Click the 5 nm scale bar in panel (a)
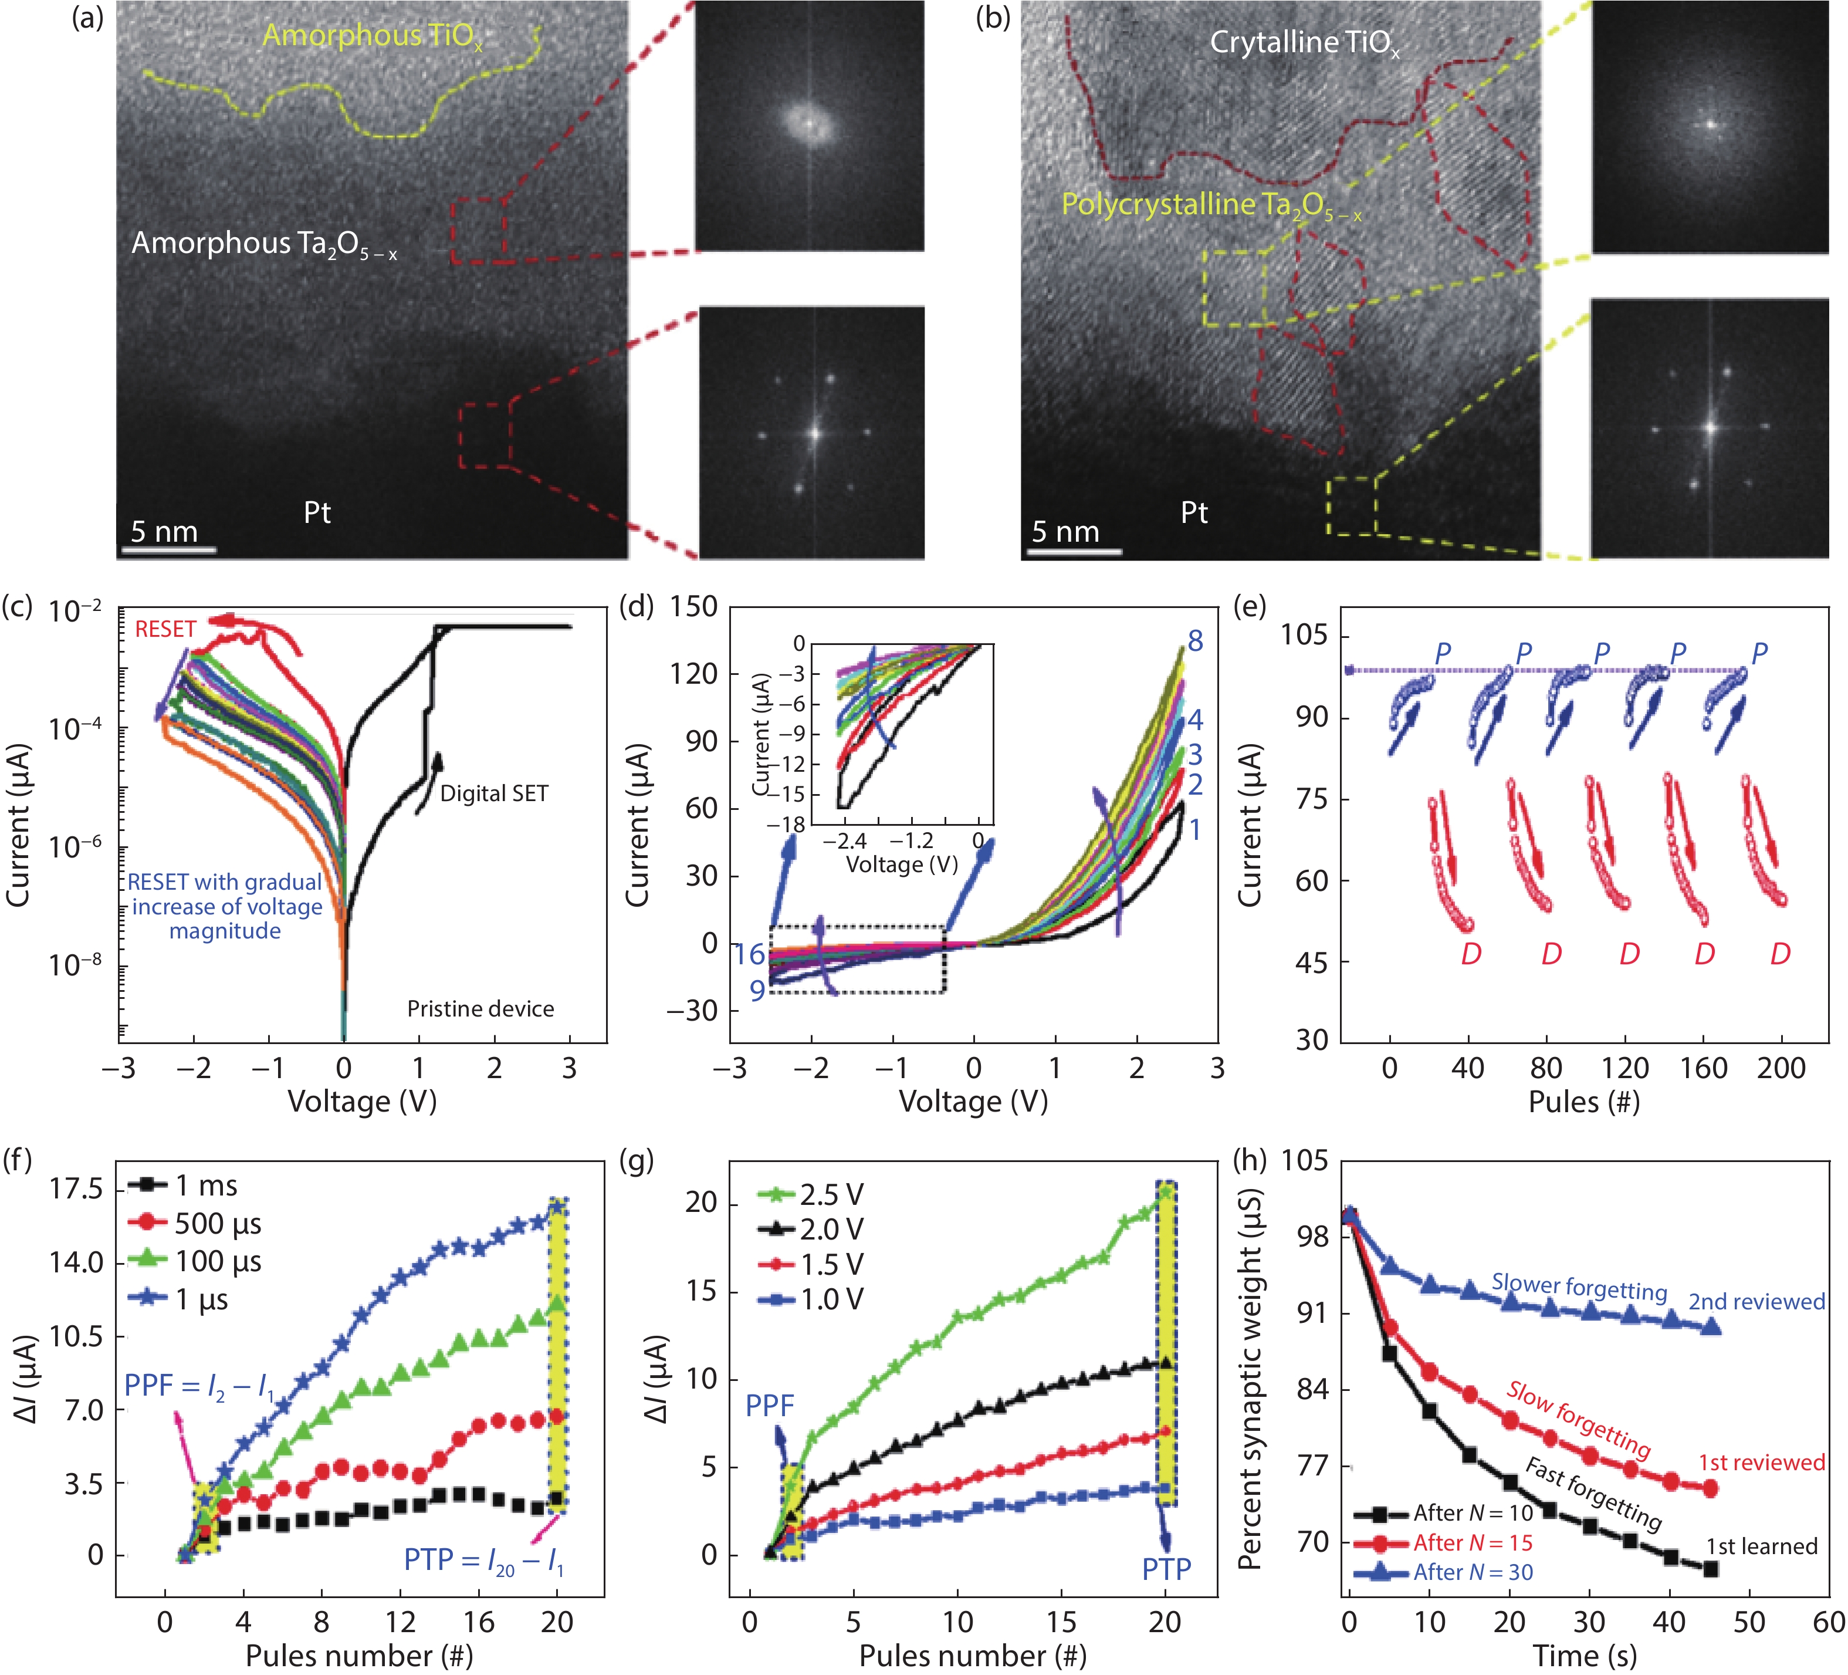point(168,549)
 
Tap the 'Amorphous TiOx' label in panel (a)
point(371,36)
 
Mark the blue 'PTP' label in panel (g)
point(1166,1569)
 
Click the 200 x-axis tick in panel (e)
point(1781,1068)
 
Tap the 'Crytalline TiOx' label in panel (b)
point(1304,42)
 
